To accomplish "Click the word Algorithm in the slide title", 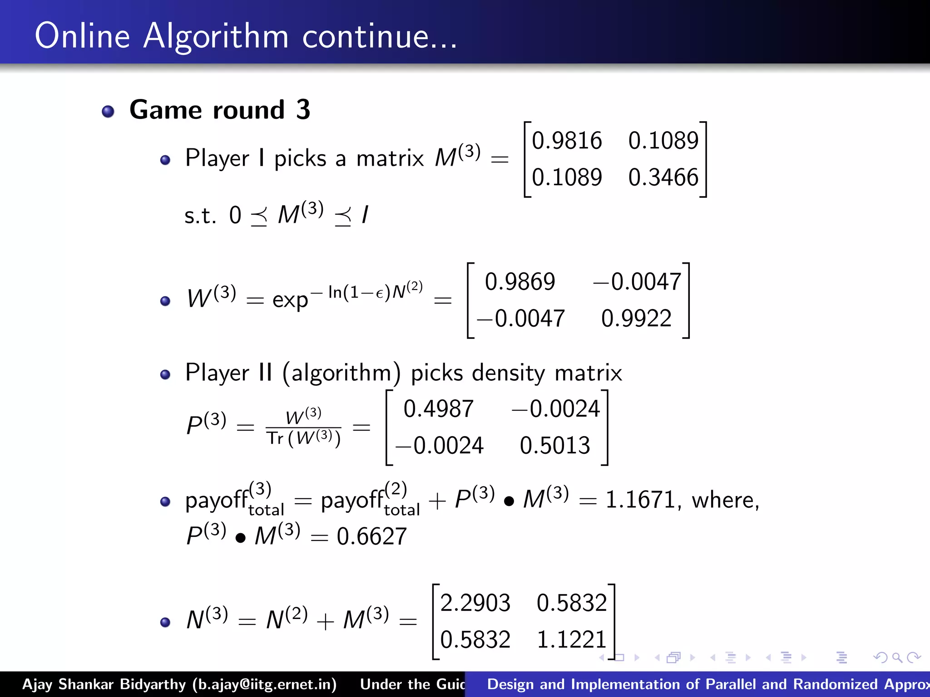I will pos(216,36).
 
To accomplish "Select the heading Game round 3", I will pos(220,110).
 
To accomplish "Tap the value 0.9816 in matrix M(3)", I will pos(567,141).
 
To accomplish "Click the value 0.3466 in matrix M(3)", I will pos(663,177).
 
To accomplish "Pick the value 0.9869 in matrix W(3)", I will pos(520,282).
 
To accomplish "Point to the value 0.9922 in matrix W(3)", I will pos(636,319).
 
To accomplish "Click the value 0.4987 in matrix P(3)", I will pos(438,409).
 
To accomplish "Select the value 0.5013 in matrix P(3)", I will pos(555,446).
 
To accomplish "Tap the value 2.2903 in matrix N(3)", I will pos(475,603).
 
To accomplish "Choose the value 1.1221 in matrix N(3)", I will pos(572,640).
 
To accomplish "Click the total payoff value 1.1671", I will pos(640,500).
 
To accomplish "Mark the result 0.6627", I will pos(371,537).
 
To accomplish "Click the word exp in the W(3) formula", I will pos(290,300).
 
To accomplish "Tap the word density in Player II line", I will pos(508,373).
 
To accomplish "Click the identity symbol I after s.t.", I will pos(365,215).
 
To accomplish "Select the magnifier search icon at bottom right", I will pos(897,658).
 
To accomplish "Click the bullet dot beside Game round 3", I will pos(108,111).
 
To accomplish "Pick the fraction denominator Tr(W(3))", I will pos(303,438).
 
